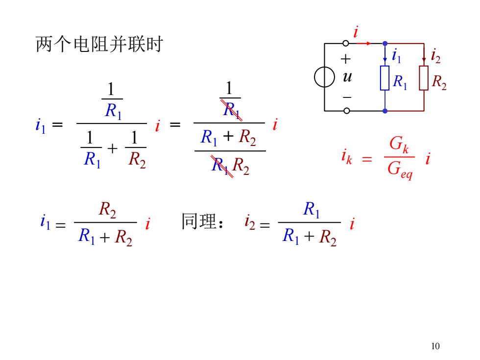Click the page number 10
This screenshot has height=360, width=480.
click(435, 346)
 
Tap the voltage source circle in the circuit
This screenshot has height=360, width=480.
click(314, 77)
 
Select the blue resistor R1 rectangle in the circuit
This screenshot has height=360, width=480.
click(385, 78)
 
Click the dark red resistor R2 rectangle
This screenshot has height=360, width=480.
click(424, 78)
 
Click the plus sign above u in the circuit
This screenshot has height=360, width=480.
click(346, 59)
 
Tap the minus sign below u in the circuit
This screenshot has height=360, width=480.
click(347, 97)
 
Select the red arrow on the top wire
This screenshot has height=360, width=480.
click(363, 44)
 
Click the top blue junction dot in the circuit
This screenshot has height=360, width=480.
click(385, 44)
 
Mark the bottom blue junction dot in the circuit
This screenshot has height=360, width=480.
click(385, 111)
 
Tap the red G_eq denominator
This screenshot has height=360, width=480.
click(400, 169)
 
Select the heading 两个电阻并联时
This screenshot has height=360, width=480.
click(99, 44)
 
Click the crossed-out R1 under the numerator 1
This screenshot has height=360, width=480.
click(232, 110)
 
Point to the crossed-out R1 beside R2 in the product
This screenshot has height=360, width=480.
click(221, 166)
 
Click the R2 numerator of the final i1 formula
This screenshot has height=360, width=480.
click(107, 210)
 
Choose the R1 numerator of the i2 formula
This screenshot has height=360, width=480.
click(312, 210)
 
